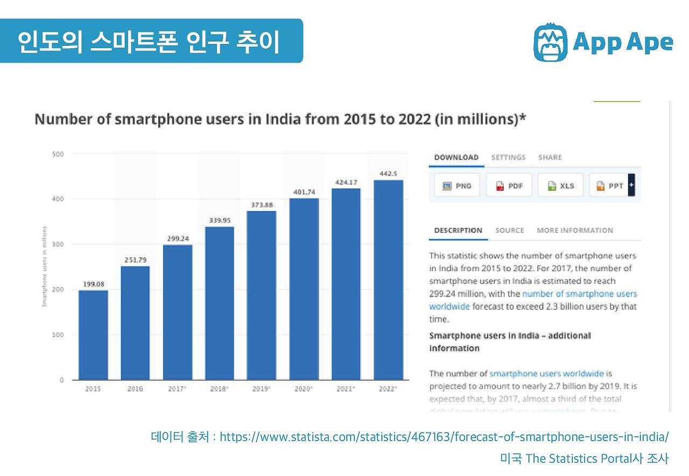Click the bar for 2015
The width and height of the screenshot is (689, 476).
click(93, 335)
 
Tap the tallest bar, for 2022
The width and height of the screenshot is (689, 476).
click(388, 279)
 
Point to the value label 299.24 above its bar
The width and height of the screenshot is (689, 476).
click(178, 239)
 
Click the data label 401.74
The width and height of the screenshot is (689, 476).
click(304, 192)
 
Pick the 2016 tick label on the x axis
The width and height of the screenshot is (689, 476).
click(135, 388)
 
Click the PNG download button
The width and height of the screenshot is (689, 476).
click(457, 186)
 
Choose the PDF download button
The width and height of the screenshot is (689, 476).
click(509, 186)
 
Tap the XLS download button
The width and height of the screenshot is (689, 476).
click(560, 186)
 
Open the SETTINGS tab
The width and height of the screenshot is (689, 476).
click(508, 157)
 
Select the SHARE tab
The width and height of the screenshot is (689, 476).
click(550, 157)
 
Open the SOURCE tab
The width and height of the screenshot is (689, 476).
click(509, 230)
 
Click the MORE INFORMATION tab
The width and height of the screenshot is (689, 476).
click(574, 230)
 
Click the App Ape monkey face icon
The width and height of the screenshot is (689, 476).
click(550, 42)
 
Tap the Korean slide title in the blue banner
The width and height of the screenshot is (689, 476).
click(149, 42)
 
